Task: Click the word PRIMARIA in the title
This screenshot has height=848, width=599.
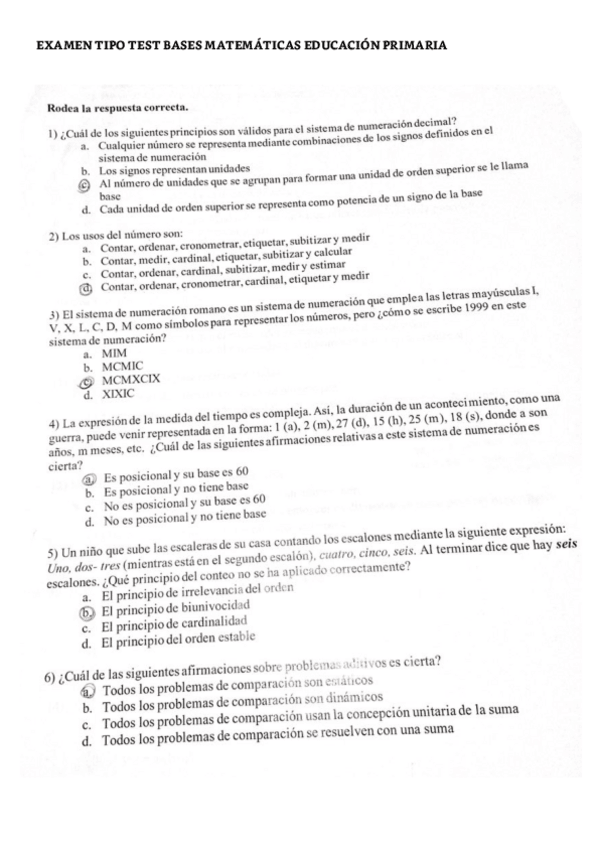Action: coord(405,46)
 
